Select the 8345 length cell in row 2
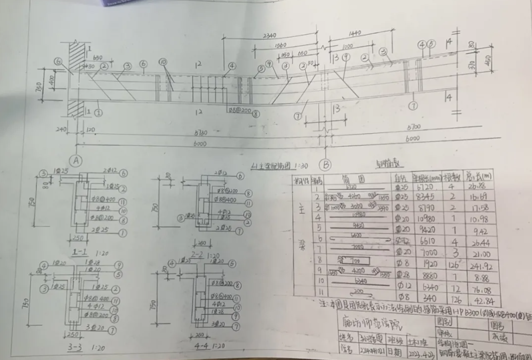[420, 197]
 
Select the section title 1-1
[80, 252]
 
